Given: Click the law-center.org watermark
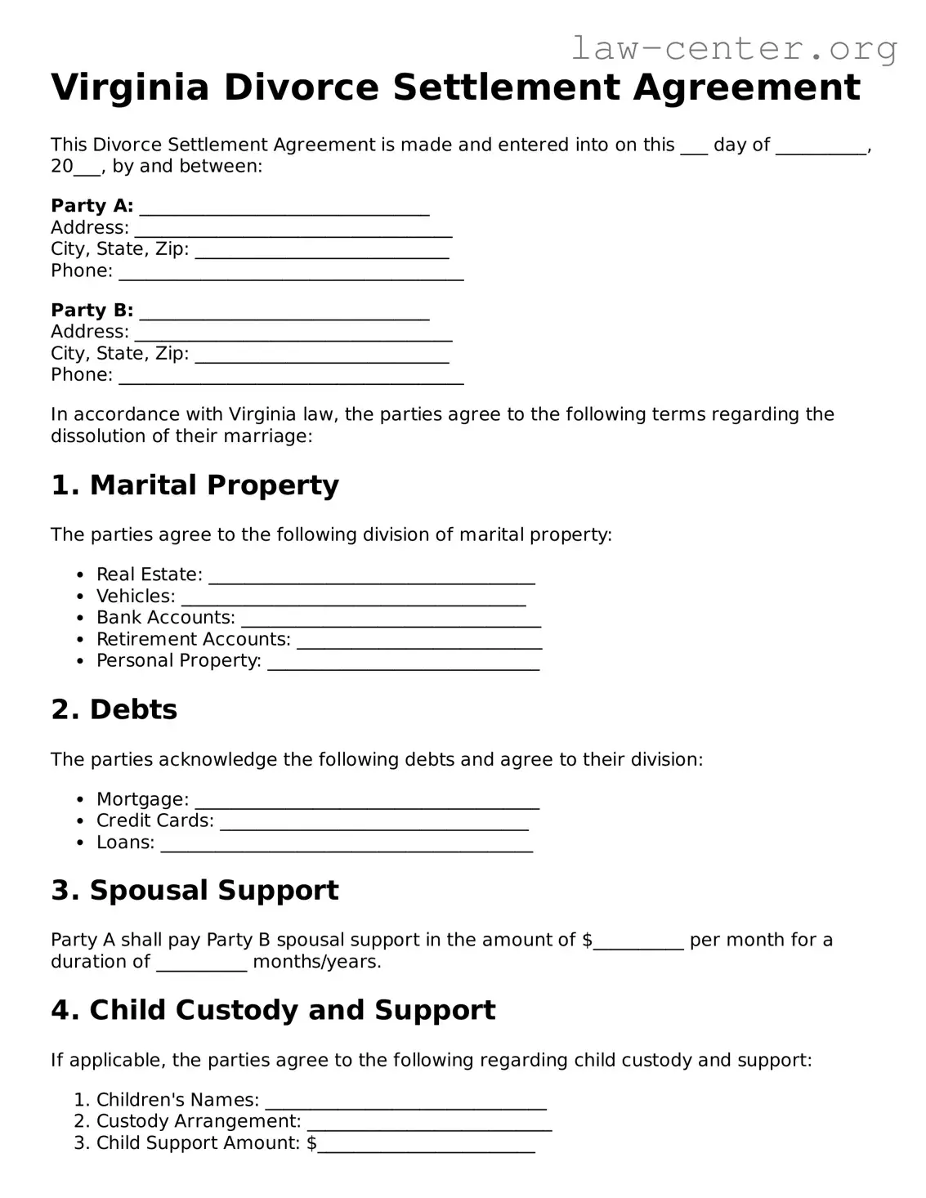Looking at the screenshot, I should [733, 48].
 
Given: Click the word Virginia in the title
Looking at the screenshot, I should [131, 87].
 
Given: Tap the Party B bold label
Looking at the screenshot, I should [92, 311].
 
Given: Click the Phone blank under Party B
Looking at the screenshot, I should [291, 378].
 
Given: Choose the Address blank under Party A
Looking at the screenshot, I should [293, 230].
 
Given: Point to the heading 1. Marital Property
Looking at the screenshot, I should [195, 485].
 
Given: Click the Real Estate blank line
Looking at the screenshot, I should [372, 578].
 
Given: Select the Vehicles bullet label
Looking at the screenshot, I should [136, 597].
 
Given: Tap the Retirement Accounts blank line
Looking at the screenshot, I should [419, 642].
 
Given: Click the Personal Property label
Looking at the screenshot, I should [178, 661].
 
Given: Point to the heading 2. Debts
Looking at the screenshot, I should [114, 709].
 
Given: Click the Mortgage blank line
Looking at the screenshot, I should [367, 802].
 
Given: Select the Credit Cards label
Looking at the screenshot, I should [154, 821].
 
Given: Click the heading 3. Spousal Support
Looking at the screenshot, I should [195, 891].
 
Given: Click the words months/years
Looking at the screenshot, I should [317, 962].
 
